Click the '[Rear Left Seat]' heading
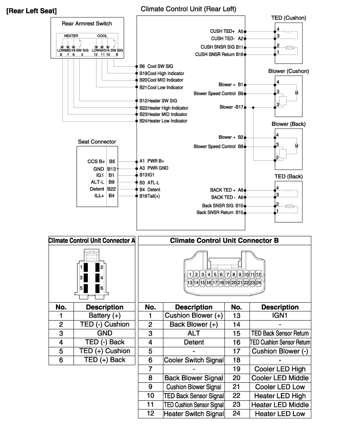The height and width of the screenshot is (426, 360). (31, 10)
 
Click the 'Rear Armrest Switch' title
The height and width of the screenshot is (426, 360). (87, 23)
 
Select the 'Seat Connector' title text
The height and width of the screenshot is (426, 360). (97, 141)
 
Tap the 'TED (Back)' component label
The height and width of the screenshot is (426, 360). (288, 177)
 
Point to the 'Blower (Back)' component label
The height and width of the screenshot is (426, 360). (289, 124)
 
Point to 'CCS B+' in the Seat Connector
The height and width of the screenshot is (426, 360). (96, 161)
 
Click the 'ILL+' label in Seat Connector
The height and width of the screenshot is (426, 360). (99, 196)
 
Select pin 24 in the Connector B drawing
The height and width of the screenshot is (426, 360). (259, 283)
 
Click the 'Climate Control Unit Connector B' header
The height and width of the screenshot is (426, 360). (224, 240)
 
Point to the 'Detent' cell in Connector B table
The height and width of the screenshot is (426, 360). (194, 342)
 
